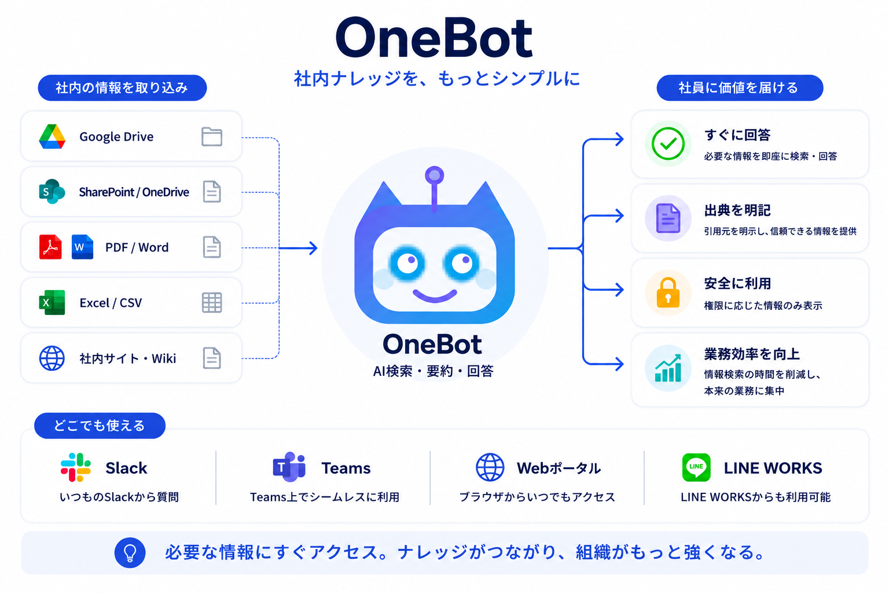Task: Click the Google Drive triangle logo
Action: click(x=52, y=137)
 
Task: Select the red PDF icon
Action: click(x=50, y=247)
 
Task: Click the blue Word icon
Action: click(x=82, y=247)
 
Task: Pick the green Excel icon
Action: click(x=52, y=303)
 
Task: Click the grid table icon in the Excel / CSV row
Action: click(x=212, y=303)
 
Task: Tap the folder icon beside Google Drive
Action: click(x=212, y=137)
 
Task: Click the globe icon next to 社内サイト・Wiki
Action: click(x=52, y=358)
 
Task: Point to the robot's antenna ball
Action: click(x=435, y=175)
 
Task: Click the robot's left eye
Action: click(x=407, y=263)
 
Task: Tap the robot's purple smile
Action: click(x=435, y=296)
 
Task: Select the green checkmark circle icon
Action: click(x=668, y=144)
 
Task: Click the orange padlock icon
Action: click(x=668, y=292)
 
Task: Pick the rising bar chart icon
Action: click(x=668, y=368)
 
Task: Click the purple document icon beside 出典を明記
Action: click(x=668, y=218)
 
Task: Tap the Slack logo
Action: click(x=76, y=467)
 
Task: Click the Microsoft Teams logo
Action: click(x=289, y=467)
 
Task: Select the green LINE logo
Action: click(x=696, y=467)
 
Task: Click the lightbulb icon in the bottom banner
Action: click(x=130, y=552)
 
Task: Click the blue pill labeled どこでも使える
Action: click(x=100, y=426)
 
